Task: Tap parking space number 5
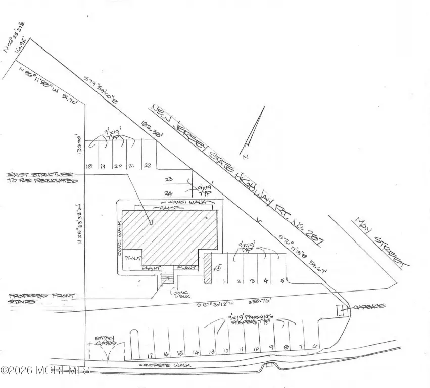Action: coord(281,280)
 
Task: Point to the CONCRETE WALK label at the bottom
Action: coord(162,365)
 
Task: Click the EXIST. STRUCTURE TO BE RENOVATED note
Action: coord(40,177)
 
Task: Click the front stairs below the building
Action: coord(168,278)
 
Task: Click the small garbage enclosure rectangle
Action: coord(341,311)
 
